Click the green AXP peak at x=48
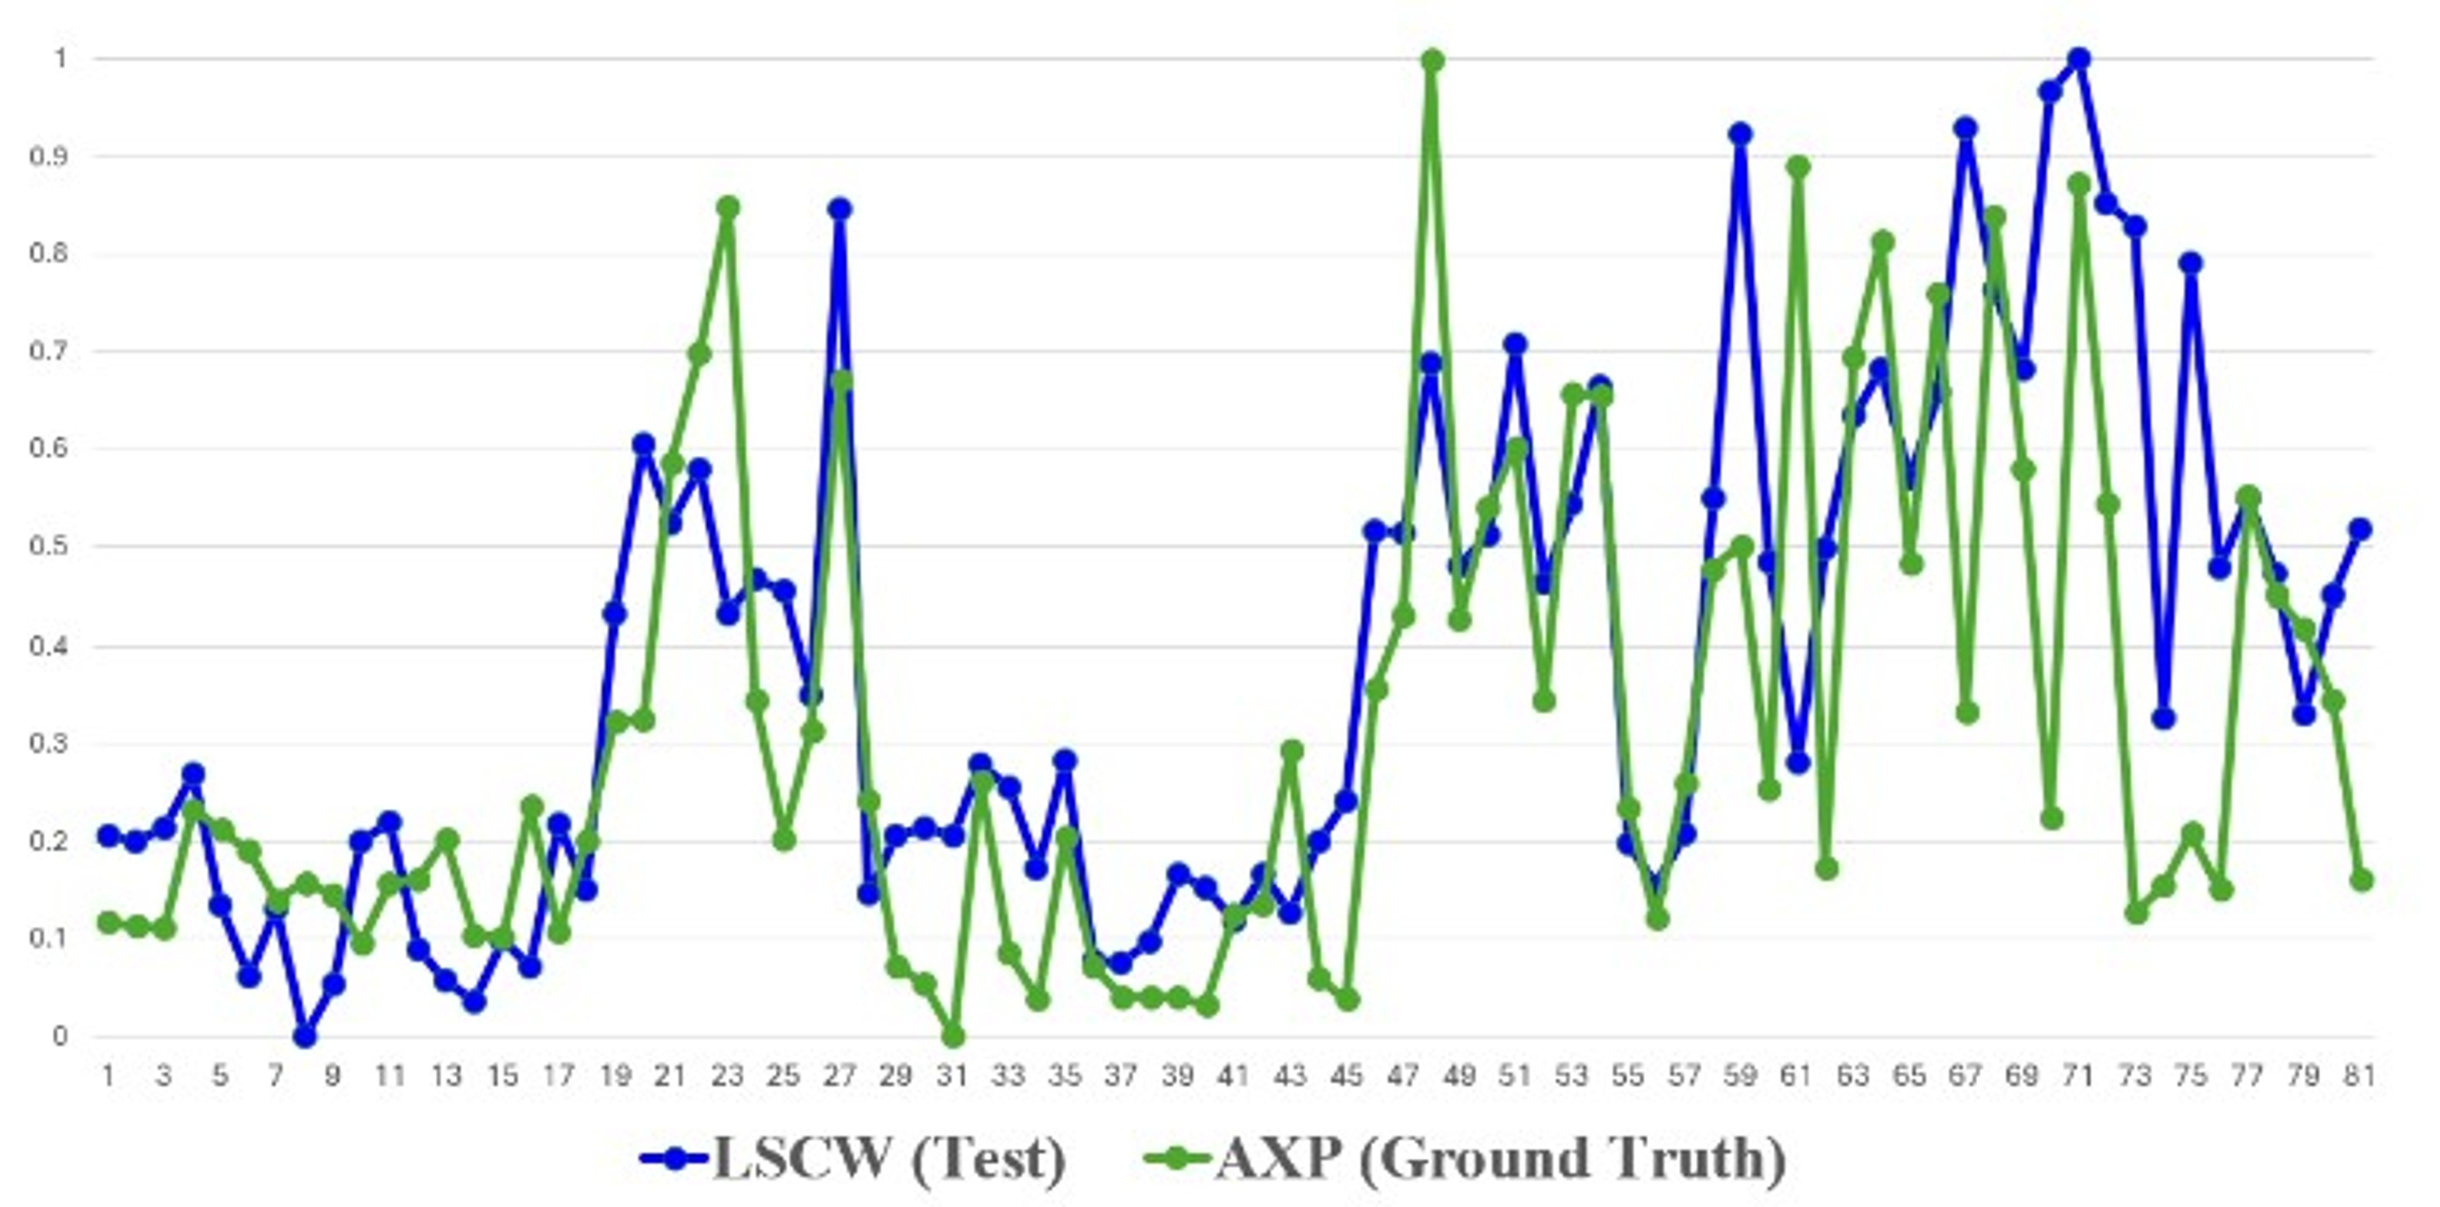pos(1432,61)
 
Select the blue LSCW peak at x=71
pos(2079,59)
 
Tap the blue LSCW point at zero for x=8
pos(304,1037)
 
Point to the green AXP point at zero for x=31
pos(953,1037)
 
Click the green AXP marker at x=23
pos(728,206)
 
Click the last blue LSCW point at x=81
pos(2360,529)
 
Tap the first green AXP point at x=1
pos(108,922)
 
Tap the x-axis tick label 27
pos(840,1076)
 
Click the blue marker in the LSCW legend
pos(674,1158)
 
